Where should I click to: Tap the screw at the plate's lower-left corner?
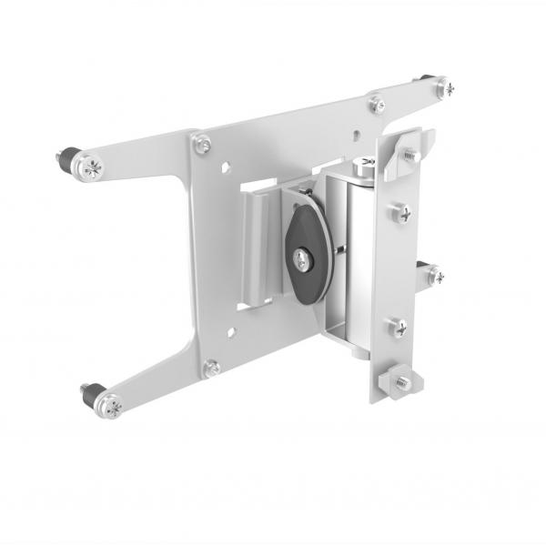click(x=212, y=367)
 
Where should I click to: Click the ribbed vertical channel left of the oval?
click(x=259, y=241)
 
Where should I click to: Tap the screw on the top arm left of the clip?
click(x=377, y=104)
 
